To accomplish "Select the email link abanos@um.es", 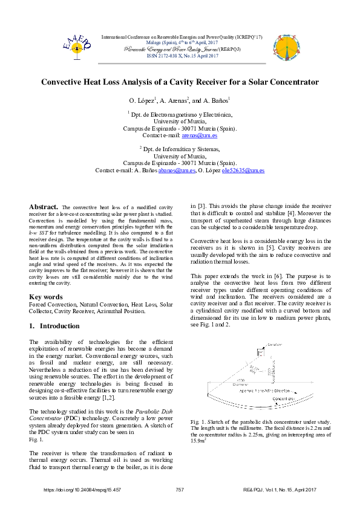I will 176,171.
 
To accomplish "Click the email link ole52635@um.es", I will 243,171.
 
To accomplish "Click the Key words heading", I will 46,297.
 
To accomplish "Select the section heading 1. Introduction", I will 54,326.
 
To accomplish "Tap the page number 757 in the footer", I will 180,489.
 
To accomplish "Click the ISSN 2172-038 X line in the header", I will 180,55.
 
